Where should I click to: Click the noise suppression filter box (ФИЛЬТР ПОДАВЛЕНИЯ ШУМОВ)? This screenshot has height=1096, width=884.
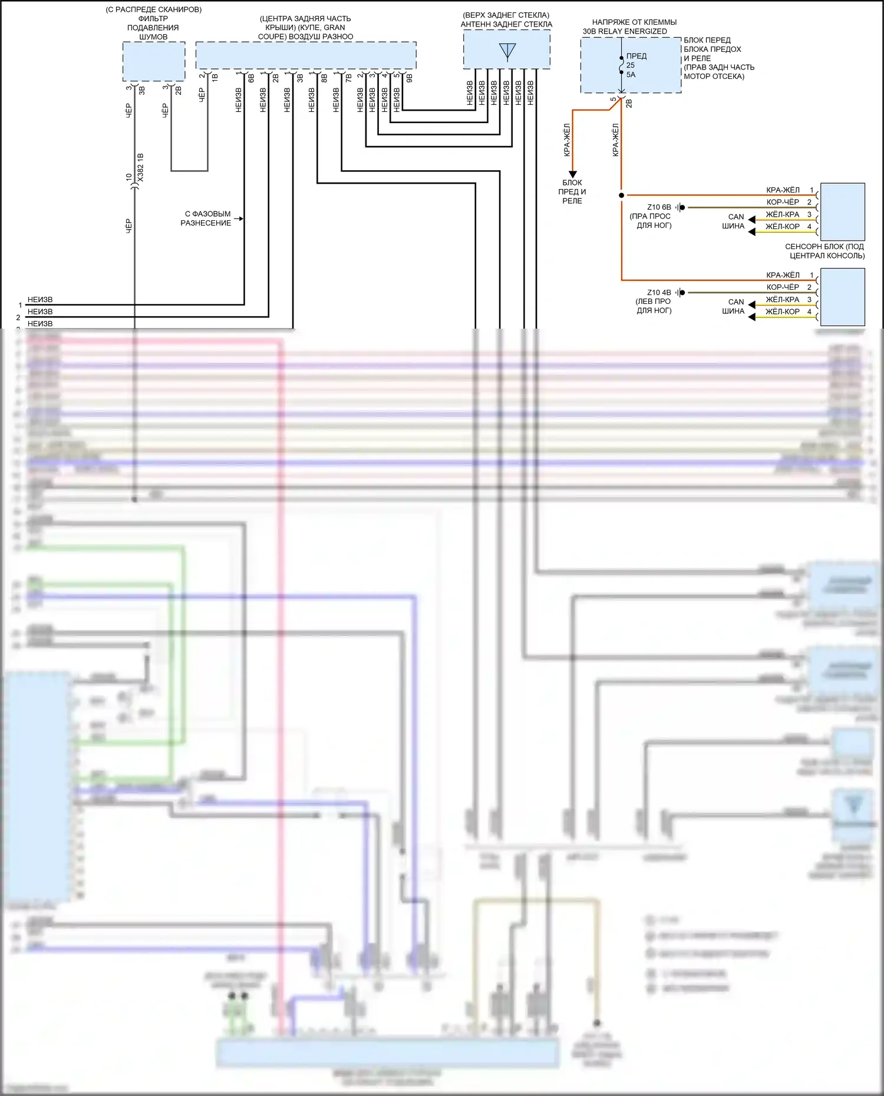coord(154,61)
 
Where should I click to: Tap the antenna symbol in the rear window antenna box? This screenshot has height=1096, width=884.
coord(507,51)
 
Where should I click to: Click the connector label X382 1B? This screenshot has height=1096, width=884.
coord(140,167)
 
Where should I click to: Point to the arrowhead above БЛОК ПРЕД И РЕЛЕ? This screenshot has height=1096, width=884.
coord(572,175)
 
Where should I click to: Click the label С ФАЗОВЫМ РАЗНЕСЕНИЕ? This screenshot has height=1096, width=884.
coord(206,218)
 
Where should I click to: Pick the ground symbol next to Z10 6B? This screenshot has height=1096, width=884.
coord(681,207)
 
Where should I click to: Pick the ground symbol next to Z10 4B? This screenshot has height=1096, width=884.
coord(681,292)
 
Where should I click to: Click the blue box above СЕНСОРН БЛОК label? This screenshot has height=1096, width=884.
coord(842,211)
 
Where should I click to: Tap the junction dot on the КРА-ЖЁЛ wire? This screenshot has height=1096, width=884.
coord(621,195)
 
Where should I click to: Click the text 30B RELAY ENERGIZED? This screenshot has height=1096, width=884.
coord(625,31)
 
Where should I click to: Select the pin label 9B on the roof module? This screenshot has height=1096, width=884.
coord(409,77)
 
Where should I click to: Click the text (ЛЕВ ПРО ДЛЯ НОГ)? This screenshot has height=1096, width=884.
coord(654,306)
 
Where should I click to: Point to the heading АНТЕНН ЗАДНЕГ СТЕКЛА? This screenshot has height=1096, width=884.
coord(506,24)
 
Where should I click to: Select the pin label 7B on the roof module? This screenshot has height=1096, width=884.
coord(348,77)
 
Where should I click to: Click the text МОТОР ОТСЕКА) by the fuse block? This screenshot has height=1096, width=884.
coord(714,76)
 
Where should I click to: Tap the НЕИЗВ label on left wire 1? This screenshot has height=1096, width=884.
coord(40,300)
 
